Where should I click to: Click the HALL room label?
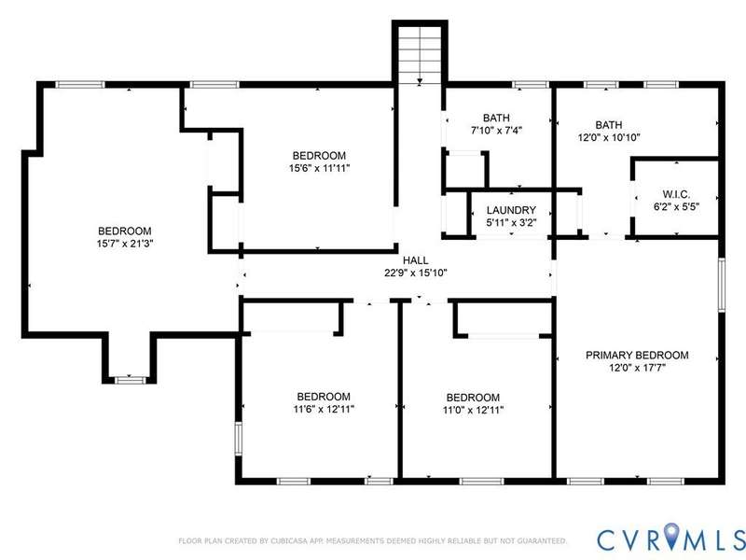point(415,260)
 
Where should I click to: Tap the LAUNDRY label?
point(511,210)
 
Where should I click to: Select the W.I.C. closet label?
point(676,194)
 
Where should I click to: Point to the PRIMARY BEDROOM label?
point(637,356)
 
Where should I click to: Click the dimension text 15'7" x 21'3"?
point(125,244)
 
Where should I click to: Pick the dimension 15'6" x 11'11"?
point(319,168)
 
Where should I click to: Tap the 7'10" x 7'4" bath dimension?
point(496,130)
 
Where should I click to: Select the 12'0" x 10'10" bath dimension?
point(609,137)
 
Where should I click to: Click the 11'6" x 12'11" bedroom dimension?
point(324,409)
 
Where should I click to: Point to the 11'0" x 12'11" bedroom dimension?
point(473,410)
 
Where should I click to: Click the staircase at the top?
point(419,52)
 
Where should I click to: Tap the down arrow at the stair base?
point(419,82)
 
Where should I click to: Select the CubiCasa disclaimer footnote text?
point(372,541)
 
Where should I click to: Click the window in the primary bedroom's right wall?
point(721,285)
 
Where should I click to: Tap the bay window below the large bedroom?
point(130,380)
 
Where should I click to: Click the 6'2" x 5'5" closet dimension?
point(676,207)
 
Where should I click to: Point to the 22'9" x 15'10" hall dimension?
point(416,273)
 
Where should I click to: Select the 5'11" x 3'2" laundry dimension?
point(511,222)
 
